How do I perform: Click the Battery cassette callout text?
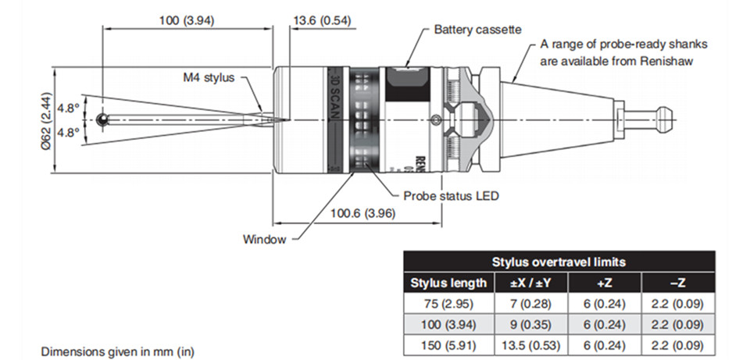477,30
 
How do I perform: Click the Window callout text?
264,239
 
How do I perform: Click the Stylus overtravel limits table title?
559,262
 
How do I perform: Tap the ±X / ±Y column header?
532,283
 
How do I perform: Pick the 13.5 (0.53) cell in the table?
532,343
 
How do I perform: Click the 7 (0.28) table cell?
532,303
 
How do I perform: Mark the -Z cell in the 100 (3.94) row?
677,323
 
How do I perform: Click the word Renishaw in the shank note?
670,59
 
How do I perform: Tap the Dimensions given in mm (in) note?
117,351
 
